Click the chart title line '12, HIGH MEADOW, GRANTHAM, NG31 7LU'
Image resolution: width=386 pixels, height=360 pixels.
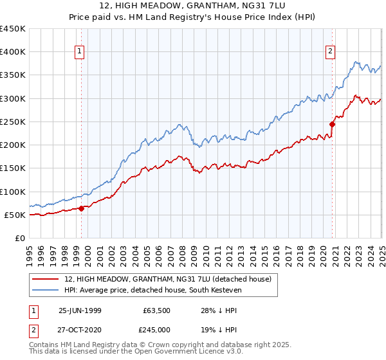point(193,7)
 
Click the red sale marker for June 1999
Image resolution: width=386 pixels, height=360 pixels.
point(82,208)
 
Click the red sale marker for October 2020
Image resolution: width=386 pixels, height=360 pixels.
point(333,124)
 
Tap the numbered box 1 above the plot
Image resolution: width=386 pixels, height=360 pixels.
point(78,52)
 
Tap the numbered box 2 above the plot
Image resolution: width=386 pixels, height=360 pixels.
point(330,52)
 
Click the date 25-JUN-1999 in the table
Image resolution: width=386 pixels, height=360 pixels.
point(80,309)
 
